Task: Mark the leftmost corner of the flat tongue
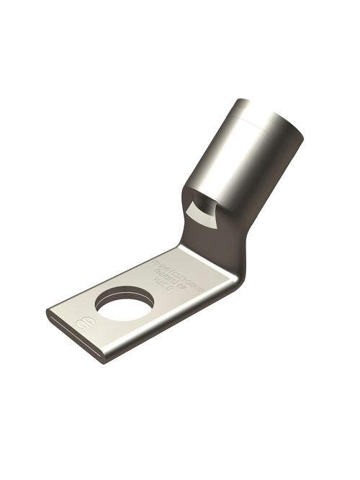pos(48,314)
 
